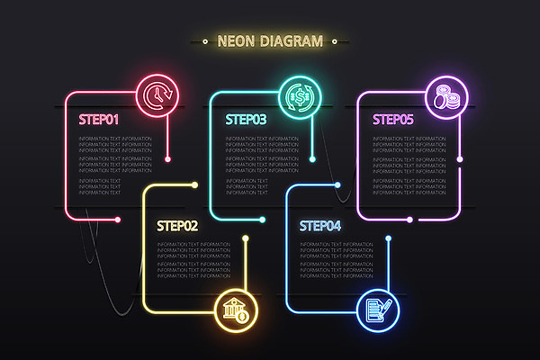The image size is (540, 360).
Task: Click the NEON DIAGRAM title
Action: [x=269, y=40]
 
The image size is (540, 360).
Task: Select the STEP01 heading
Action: [x=99, y=118]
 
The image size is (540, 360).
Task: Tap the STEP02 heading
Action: [x=176, y=226]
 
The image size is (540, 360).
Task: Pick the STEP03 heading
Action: [x=246, y=118]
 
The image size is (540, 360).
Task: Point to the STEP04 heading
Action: [x=320, y=226]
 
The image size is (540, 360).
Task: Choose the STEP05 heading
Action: [x=393, y=118]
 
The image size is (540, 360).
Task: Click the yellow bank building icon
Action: [x=236, y=311]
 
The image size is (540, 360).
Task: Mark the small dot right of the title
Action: [x=335, y=40]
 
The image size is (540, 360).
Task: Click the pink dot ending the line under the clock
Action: [x=168, y=159]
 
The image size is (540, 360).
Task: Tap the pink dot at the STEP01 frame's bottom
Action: [x=117, y=219]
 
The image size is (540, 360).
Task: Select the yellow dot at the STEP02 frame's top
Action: [x=196, y=185]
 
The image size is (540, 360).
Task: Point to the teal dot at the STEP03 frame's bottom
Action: [x=262, y=219]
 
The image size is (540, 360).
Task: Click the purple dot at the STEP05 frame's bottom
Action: [x=409, y=219]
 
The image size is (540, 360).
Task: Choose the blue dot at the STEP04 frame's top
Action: [x=338, y=185]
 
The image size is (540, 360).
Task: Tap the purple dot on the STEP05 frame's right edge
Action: [x=460, y=159]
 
